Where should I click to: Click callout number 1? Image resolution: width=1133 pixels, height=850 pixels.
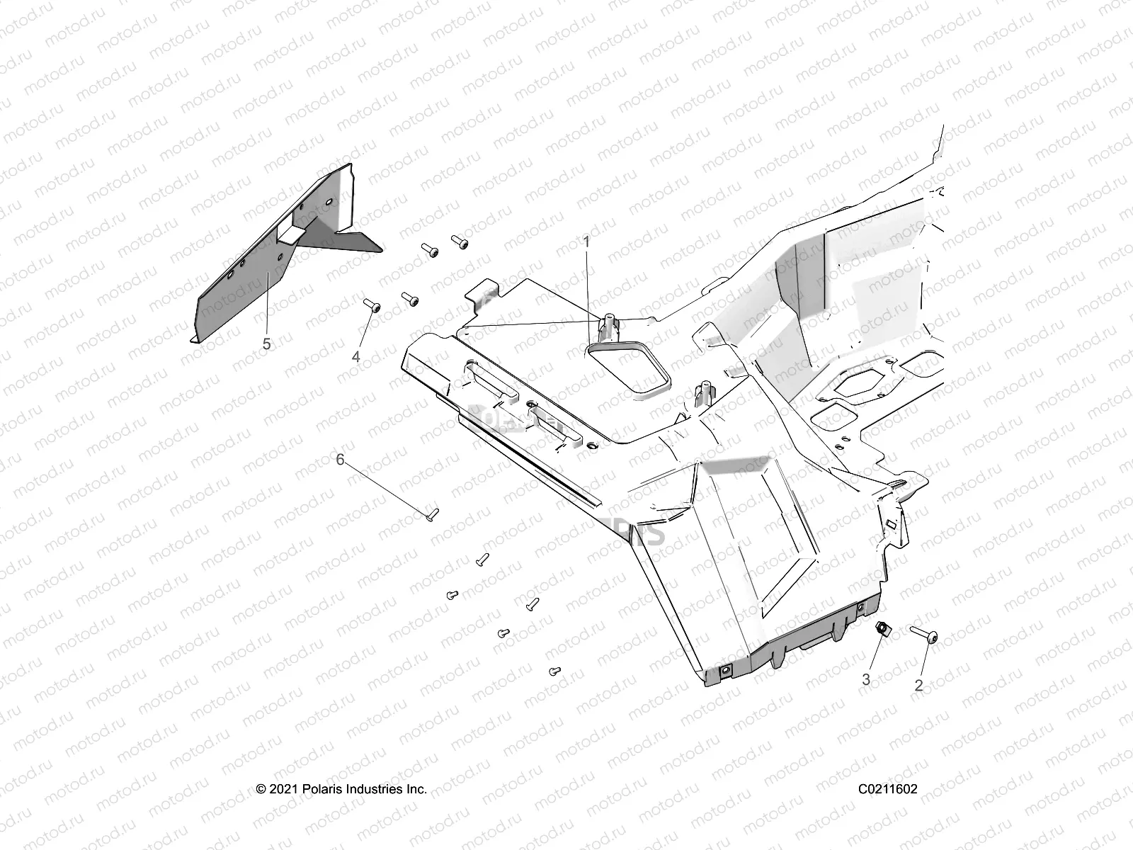click(586, 242)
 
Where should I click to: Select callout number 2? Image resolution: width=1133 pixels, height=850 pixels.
click(918, 685)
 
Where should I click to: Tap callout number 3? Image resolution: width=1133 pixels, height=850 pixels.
click(865, 679)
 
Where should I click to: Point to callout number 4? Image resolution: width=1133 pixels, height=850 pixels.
click(356, 356)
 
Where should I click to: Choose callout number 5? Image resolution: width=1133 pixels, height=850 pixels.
click(266, 344)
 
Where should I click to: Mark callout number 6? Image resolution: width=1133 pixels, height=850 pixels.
click(340, 460)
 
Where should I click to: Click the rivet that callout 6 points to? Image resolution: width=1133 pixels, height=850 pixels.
click(432, 514)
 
